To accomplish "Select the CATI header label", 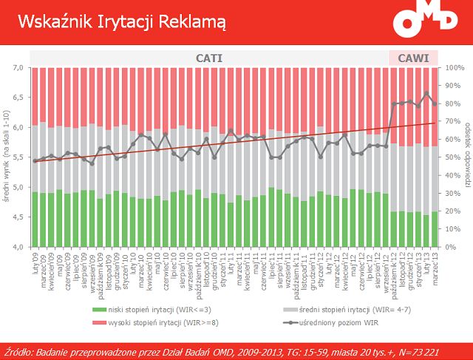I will point(208,58).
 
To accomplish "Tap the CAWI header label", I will point(413,58).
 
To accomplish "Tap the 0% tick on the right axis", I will point(449,247).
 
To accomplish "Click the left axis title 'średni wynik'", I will point(7,157).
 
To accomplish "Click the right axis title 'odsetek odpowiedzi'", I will point(467,157).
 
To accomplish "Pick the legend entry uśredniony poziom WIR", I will point(340,322).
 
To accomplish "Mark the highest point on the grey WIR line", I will point(426,93).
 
